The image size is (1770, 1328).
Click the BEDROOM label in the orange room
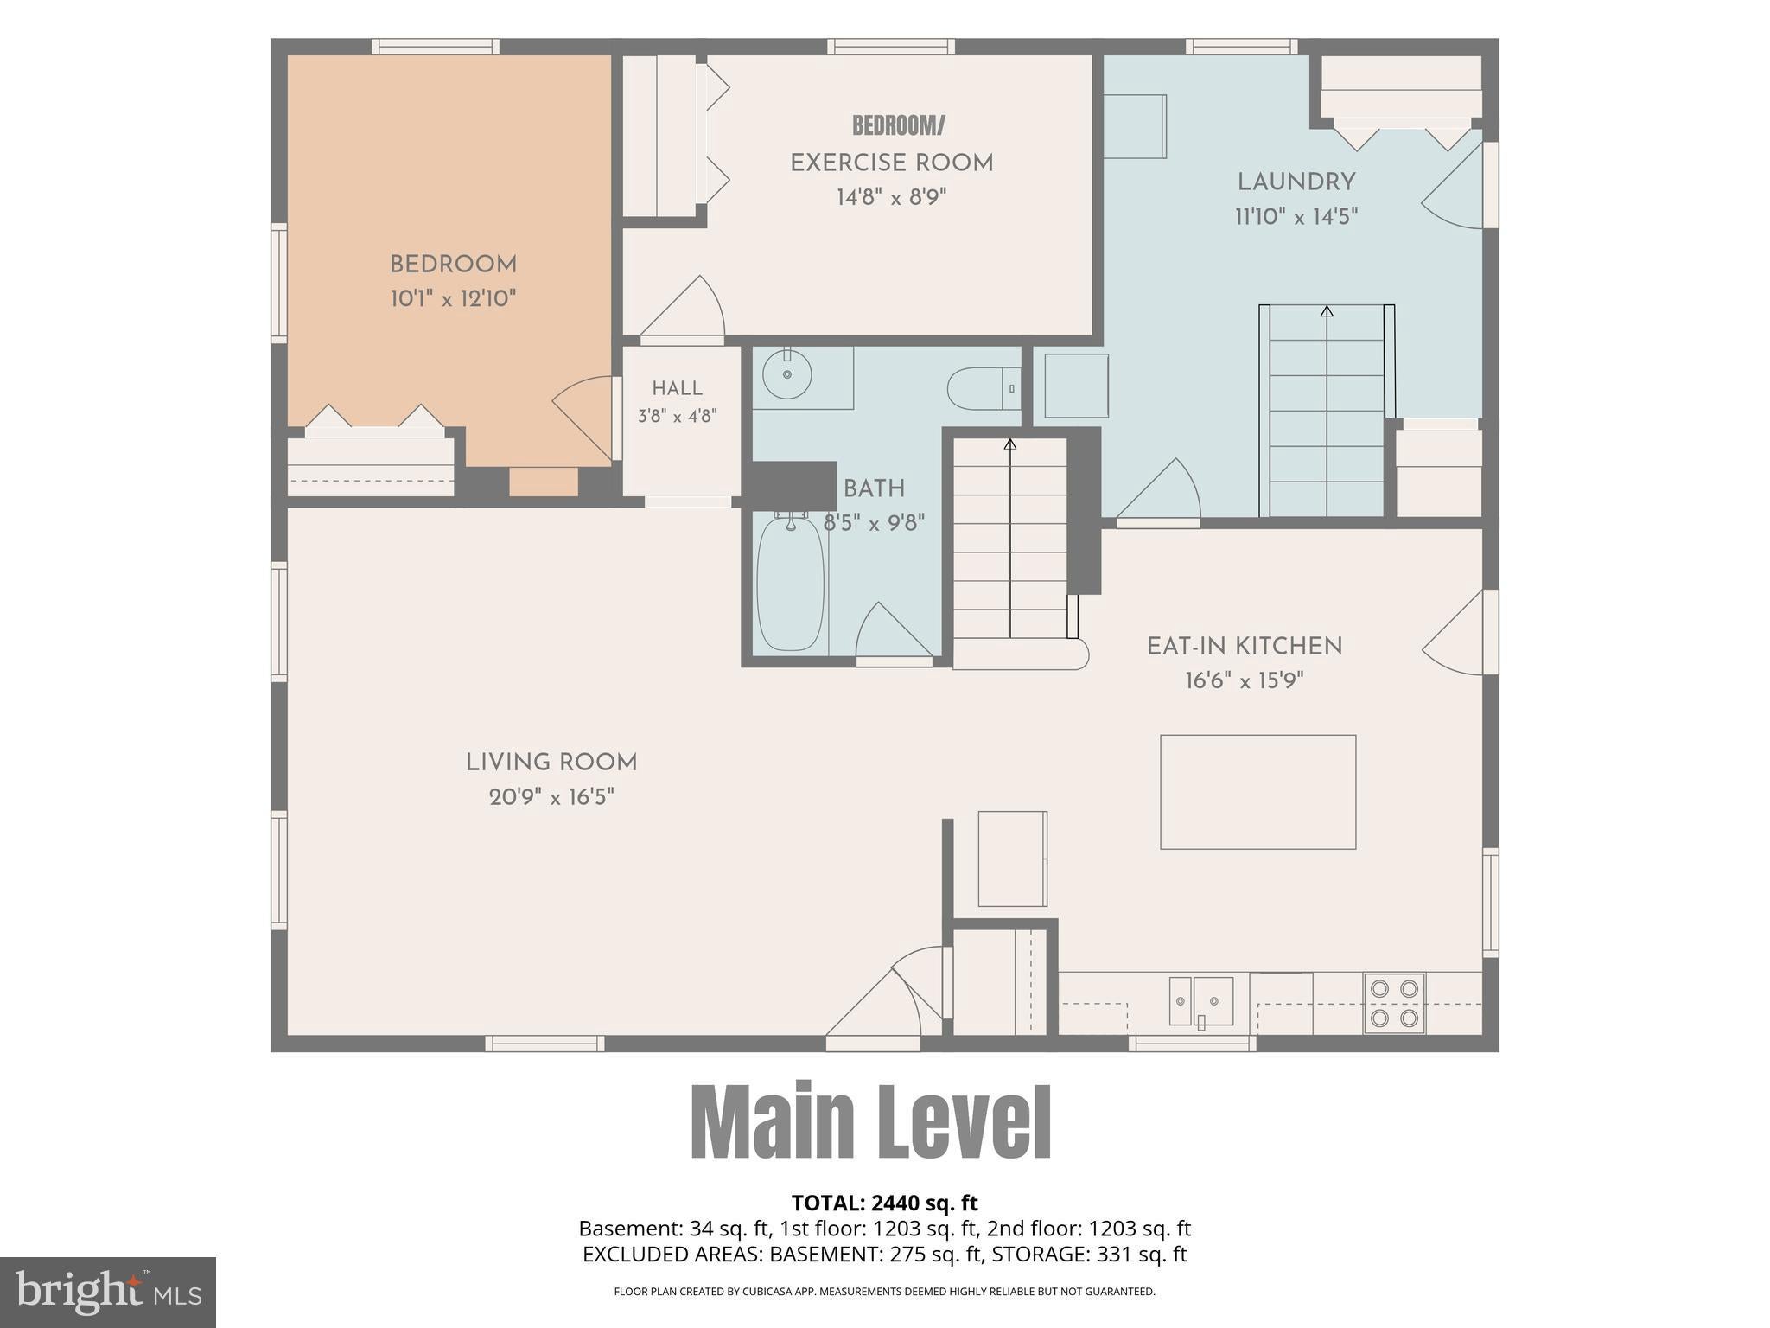pyautogui.click(x=453, y=265)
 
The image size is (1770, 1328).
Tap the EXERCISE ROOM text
pyautogui.click(x=892, y=163)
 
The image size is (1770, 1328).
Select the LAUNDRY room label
pyautogui.click(x=1296, y=182)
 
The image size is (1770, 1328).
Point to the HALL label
pyautogui.click(x=678, y=389)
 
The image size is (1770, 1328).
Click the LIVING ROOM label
pyautogui.click(x=551, y=763)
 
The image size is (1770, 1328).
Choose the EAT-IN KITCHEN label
pyautogui.click(x=1245, y=647)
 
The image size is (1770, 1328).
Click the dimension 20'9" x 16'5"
pyautogui.click(x=551, y=797)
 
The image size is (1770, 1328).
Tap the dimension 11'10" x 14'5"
pyautogui.click(x=1296, y=217)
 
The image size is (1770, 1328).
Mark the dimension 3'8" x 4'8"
pyautogui.click(x=678, y=417)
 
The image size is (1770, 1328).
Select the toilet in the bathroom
pyautogui.click(x=984, y=389)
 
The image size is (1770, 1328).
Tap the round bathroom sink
pyautogui.click(x=787, y=374)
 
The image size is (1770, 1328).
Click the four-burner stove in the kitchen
pyautogui.click(x=1394, y=1003)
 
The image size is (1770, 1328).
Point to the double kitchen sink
pyautogui.click(x=1201, y=1001)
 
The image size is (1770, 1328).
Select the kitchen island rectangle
pyautogui.click(x=1257, y=792)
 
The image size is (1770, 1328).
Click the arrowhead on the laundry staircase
pyautogui.click(x=1327, y=310)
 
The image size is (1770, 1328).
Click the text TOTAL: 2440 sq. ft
pyautogui.click(x=885, y=1203)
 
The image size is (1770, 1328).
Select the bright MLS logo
pyautogui.click(x=108, y=1292)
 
